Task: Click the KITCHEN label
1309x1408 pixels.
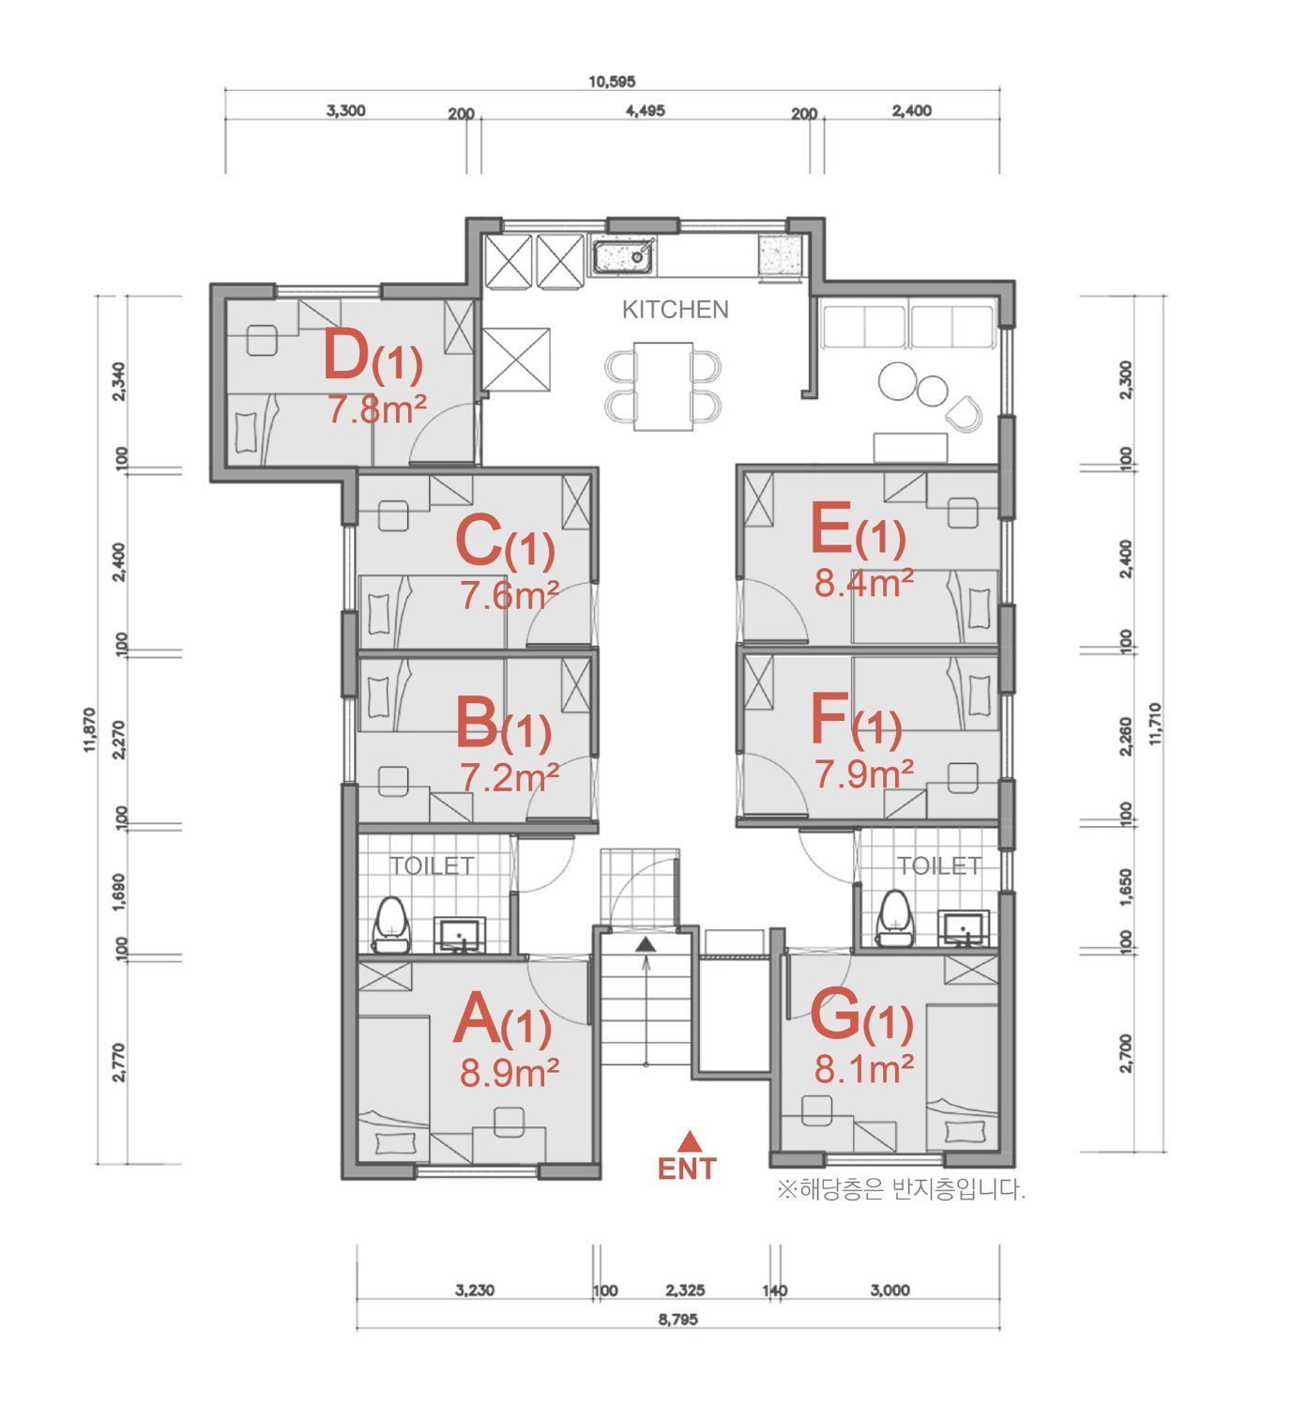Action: pos(675,310)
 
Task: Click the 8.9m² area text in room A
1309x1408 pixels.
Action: pos(510,1074)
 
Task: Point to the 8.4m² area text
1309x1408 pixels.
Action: pos(863,584)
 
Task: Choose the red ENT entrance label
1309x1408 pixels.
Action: pos(687,1170)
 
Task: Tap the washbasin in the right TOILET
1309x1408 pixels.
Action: pos(963,929)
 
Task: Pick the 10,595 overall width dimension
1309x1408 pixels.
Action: pos(612,82)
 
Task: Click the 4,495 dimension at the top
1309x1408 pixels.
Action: pos(646,112)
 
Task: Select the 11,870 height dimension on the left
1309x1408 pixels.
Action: pos(90,729)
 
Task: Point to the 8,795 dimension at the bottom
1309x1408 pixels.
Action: pos(678,1320)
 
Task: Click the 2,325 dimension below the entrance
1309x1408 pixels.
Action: pos(685,1291)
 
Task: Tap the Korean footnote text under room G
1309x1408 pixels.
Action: pos(902,1189)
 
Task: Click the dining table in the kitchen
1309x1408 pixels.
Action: pos(663,387)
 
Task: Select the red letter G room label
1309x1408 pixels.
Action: pos(834,1016)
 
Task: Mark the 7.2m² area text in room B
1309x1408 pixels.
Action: pos(510,776)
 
